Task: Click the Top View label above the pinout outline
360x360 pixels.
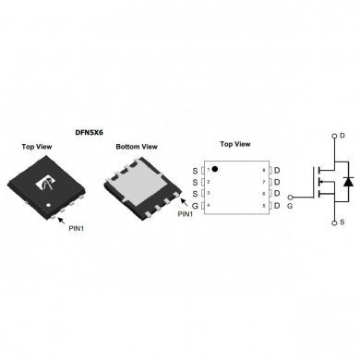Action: pyautogui.click(x=237, y=145)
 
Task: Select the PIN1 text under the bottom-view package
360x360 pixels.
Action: pyautogui.click(x=186, y=213)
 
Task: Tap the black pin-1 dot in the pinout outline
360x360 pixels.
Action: pyautogui.click(x=215, y=170)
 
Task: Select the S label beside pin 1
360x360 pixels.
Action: pyautogui.click(x=195, y=171)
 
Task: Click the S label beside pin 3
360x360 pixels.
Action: pyautogui.click(x=195, y=194)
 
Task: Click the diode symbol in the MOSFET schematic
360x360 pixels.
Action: pyautogui.click(x=346, y=182)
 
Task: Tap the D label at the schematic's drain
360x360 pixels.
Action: pyautogui.click(x=342, y=136)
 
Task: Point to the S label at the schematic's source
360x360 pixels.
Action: pyautogui.click(x=342, y=222)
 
